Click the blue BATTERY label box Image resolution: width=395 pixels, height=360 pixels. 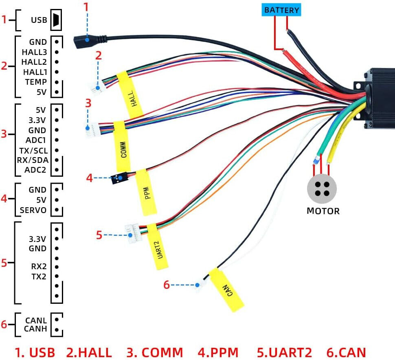(x=281, y=10)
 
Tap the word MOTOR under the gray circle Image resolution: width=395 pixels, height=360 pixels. (x=323, y=211)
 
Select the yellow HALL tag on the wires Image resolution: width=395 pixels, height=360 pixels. (x=130, y=95)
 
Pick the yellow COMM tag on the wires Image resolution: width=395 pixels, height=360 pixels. (x=122, y=145)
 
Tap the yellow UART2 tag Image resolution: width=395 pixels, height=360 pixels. (x=158, y=246)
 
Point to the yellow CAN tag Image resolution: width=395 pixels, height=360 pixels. (x=226, y=290)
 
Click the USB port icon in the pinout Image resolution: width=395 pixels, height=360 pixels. (x=56, y=20)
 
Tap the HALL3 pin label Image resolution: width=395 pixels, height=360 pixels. (x=35, y=52)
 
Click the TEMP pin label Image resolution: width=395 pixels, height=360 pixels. (x=35, y=82)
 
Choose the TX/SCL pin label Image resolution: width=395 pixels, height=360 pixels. (x=33, y=150)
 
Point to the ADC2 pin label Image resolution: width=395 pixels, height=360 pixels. (x=35, y=169)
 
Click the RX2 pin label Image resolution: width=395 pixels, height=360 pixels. (x=39, y=267)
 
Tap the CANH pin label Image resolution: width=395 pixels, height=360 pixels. (x=35, y=329)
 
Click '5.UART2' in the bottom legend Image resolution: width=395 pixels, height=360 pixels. (x=284, y=352)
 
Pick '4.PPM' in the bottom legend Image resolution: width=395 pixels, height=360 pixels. (x=218, y=352)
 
